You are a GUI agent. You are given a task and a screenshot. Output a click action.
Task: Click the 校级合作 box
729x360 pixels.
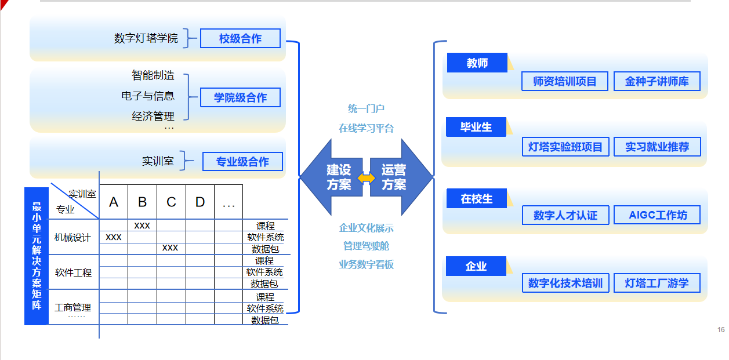pos(240,38)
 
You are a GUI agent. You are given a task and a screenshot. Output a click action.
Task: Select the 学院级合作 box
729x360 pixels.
pos(240,97)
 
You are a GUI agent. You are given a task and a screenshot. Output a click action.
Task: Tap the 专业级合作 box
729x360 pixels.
pos(242,161)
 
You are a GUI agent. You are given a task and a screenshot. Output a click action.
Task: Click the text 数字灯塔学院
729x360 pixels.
pos(146,38)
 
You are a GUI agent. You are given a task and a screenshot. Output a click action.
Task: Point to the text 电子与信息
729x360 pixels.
pos(148,96)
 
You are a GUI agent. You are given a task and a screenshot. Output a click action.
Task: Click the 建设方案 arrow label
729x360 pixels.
pos(339,177)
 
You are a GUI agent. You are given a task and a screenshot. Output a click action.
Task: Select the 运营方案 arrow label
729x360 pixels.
pos(394,177)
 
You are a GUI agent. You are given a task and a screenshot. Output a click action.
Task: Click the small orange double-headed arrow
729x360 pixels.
pos(366,178)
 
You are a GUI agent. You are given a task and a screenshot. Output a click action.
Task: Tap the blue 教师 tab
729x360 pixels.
pos(477,63)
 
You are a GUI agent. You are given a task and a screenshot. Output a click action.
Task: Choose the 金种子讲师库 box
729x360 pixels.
pos(657,81)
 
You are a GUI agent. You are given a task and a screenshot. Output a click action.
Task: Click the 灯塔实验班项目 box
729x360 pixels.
pos(565,147)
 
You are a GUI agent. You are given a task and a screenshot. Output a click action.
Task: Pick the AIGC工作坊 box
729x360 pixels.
pos(657,215)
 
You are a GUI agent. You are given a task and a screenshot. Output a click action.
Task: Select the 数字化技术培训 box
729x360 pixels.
pos(565,283)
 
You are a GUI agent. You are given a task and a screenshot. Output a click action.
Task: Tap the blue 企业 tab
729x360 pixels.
pos(476,266)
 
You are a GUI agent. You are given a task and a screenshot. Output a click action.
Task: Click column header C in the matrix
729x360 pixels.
pos(171,202)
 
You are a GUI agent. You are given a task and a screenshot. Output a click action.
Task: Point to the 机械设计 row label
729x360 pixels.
pos(72,238)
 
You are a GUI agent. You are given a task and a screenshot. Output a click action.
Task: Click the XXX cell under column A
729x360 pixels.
pos(114,237)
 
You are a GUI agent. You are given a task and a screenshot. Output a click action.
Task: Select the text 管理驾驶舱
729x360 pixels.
pos(366,246)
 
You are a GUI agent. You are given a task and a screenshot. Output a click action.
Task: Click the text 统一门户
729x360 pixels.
pos(366,108)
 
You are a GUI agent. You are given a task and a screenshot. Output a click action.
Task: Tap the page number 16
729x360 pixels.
pos(721,330)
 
